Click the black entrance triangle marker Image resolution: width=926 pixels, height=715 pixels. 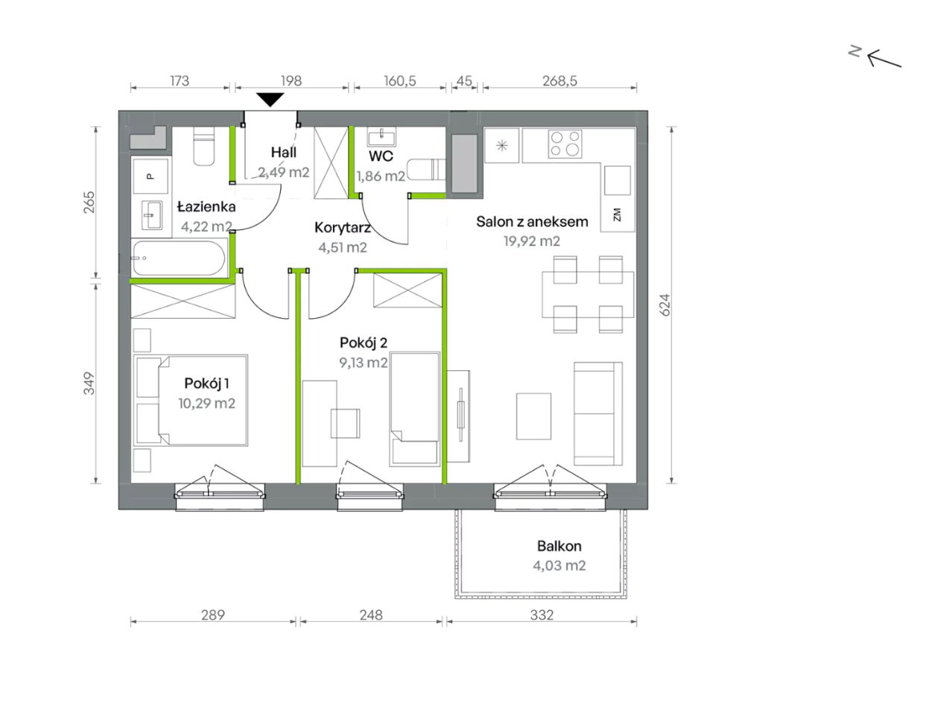[270, 100]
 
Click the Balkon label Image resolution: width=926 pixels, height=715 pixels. [559, 546]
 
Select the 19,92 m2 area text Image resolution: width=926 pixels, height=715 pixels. [532, 241]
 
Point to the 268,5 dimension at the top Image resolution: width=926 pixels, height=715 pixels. [560, 80]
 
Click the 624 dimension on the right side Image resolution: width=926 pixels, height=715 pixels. [665, 305]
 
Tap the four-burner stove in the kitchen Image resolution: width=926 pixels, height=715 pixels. [565, 144]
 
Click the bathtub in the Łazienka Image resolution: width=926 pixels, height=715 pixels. [179, 258]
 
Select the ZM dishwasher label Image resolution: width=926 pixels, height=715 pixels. [617, 214]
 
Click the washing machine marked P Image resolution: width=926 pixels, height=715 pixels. [150, 176]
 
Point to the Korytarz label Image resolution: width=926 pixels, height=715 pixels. [343, 227]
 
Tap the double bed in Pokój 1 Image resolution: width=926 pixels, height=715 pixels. [191, 400]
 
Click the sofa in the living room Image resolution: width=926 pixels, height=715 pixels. [598, 413]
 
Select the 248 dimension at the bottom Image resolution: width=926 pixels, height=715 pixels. [371, 615]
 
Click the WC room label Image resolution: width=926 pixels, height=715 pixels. [381, 156]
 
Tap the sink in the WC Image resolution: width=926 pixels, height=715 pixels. [381, 137]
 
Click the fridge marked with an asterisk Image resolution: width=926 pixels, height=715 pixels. [502, 146]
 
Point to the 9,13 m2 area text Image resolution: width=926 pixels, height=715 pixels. [364, 363]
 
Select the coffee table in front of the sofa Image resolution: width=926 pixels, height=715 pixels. [533, 416]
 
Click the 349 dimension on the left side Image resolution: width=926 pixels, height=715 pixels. [89, 384]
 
